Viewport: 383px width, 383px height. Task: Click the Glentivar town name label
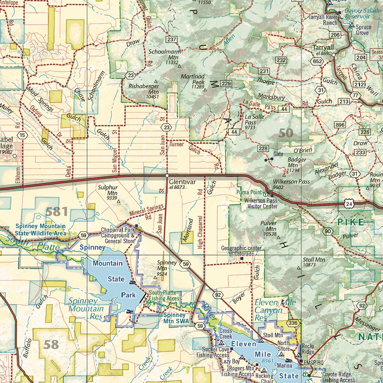(x=182, y=182)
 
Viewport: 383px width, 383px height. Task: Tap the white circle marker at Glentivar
(x=167, y=175)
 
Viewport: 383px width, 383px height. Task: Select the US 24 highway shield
(x=349, y=203)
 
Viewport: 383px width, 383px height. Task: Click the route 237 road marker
(x=172, y=40)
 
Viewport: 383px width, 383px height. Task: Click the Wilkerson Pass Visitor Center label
(x=261, y=203)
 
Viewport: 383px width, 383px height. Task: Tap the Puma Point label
(x=249, y=193)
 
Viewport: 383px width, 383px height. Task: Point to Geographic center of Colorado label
(x=243, y=251)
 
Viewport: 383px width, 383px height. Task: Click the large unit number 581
(x=56, y=212)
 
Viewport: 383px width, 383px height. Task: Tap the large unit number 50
(x=286, y=133)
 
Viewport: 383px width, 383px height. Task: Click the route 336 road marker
(x=293, y=323)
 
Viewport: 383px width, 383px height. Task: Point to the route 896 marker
(x=340, y=125)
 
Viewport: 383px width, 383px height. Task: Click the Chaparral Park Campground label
(x=118, y=236)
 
